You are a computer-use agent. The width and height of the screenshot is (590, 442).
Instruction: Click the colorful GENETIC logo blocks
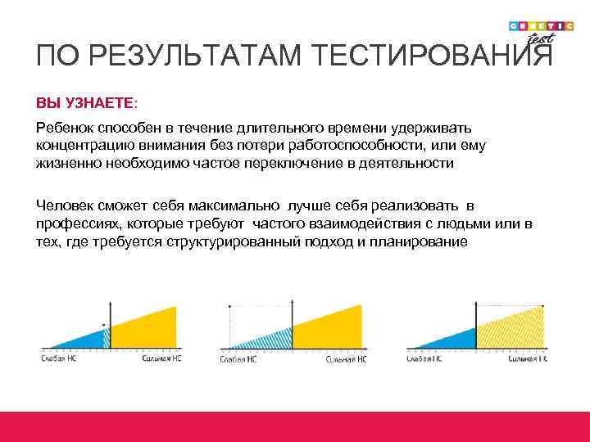541,25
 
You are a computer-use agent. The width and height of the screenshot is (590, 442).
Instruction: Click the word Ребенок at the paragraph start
64,128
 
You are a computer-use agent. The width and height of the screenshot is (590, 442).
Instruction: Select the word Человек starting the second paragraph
65,204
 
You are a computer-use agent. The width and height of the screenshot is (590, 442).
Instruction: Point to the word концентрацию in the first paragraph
80,145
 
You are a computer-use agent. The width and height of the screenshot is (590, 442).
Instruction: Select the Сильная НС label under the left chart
161,359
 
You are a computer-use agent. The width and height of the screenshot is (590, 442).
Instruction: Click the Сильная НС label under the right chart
529,359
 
